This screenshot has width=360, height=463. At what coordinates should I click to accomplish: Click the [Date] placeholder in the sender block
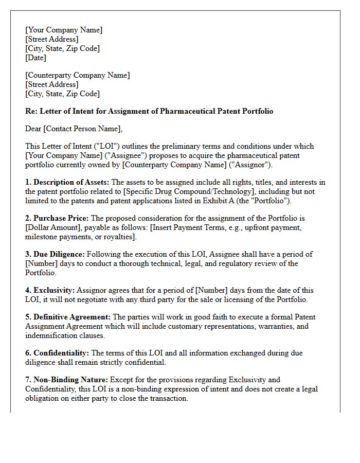point(35,58)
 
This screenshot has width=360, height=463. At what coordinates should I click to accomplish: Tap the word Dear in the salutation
point(34,129)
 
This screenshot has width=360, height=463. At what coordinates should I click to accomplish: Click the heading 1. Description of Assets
point(67,182)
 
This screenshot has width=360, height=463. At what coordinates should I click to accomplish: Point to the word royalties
point(118,237)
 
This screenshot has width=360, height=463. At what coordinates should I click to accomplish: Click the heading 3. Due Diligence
point(55,254)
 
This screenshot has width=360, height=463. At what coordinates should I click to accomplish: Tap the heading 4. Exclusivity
point(50,290)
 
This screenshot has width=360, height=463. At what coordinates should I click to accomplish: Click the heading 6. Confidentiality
point(57,353)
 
